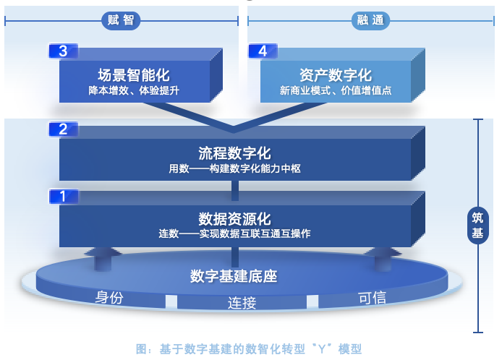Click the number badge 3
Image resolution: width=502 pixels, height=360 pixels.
pyautogui.click(x=63, y=51)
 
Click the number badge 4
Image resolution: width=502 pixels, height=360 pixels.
pyautogui.click(x=263, y=51)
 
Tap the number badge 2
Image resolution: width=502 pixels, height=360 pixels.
pyautogui.click(x=63, y=129)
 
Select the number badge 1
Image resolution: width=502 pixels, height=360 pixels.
pyautogui.click(x=63, y=196)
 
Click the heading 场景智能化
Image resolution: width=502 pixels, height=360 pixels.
pyautogui.click(x=134, y=75)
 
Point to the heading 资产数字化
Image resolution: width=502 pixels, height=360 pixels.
pyautogui.click(x=335, y=75)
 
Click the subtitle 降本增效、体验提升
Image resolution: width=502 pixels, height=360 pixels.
pyautogui.click(x=134, y=91)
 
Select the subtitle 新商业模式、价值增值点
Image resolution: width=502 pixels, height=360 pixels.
pyautogui.click(x=335, y=91)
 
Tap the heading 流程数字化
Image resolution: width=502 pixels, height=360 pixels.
pyautogui.click(x=234, y=153)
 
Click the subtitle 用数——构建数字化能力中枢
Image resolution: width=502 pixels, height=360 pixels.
pyautogui.click(x=234, y=169)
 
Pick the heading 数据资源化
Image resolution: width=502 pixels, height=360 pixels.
pyautogui.click(x=234, y=218)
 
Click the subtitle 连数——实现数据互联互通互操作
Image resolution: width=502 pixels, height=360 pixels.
pyautogui.click(x=234, y=233)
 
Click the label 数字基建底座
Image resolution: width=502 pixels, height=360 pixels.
pyautogui.click(x=234, y=276)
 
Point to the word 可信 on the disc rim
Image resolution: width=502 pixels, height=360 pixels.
pyautogui.click(x=373, y=297)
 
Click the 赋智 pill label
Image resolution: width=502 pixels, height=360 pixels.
pyautogui.click(x=121, y=21)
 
